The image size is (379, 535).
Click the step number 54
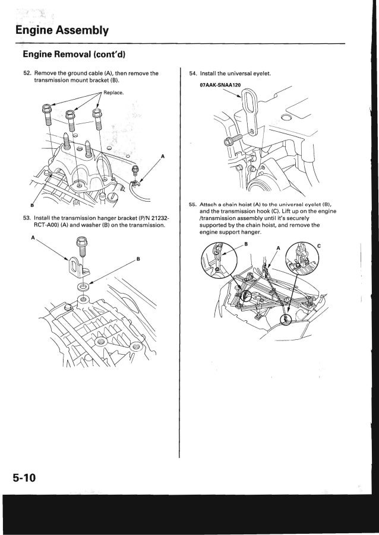[x=192, y=74]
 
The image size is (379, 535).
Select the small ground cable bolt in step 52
[x=136, y=170]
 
